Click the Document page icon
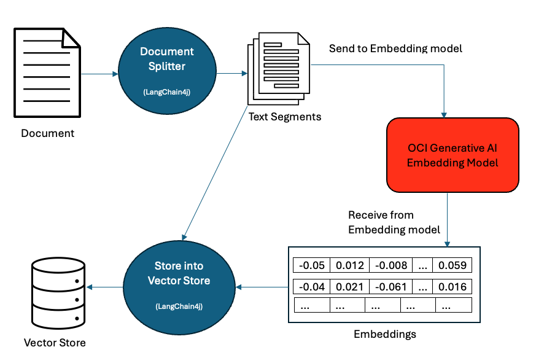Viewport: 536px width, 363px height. pos(48,73)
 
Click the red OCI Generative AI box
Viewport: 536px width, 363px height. pos(452,155)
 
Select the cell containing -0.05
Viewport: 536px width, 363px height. pos(312,265)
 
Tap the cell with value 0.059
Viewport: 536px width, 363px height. pos(452,265)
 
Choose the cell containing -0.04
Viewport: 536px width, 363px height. pos(312,286)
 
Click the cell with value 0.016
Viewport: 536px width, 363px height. pos(452,286)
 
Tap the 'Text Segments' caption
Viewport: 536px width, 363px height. pos(284,116)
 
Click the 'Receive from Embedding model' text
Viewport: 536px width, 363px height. pos(394,222)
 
